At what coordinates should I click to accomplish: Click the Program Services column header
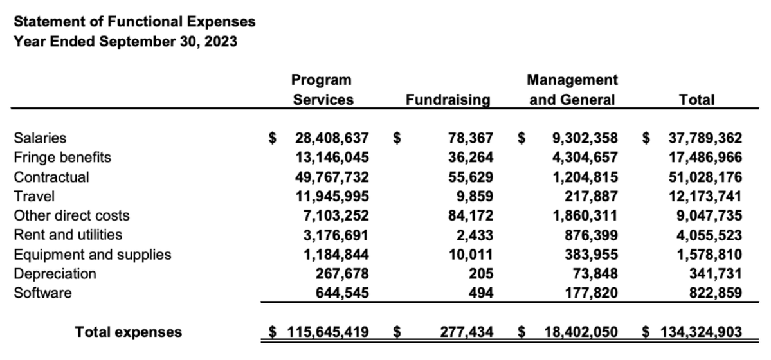pyautogui.click(x=322, y=90)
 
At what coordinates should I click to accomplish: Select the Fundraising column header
pyautogui.click(x=448, y=100)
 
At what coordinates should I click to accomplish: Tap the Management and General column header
pyautogui.click(x=572, y=90)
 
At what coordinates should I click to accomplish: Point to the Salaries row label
pyautogui.click(x=40, y=138)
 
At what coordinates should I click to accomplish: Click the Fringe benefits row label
pyautogui.click(x=62, y=157)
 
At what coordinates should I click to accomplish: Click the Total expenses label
pyautogui.click(x=129, y=332)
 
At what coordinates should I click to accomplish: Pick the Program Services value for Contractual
pyautogui.click(x=332, y=177)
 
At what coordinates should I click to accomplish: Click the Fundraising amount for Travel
pyautogui.click(x=476, y=196)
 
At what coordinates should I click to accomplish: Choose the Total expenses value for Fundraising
pyautogui.click(x=467, y=332)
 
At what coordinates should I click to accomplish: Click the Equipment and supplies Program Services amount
pyautogui.click(x=336, y=255)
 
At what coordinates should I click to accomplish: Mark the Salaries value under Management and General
pyautogui.click(x=585, y=138)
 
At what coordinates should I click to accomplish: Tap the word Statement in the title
pyautogui.click(x=44, y=22)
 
